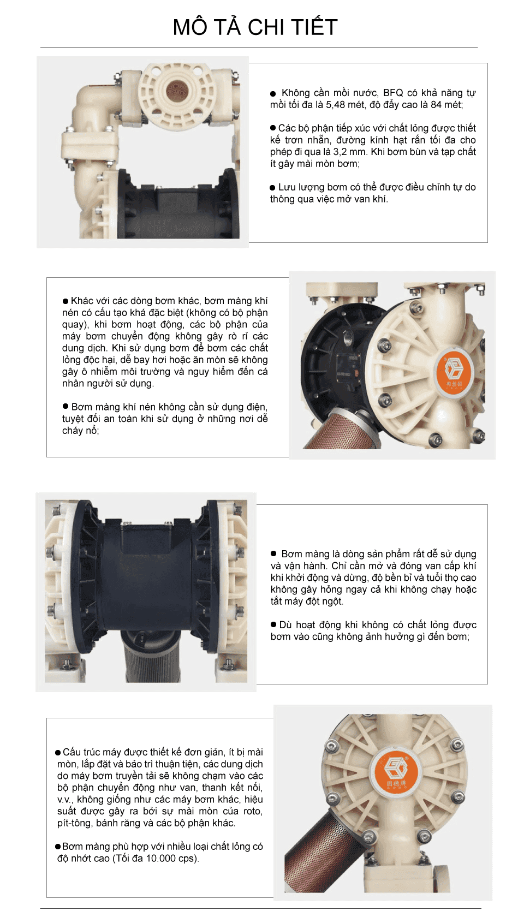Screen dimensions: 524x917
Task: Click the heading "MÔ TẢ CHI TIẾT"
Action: (255, 27)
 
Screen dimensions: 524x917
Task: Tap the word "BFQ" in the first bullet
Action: (393, 93)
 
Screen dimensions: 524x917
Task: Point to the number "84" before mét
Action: (436, 105)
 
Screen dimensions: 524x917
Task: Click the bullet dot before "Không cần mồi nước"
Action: (273, 94)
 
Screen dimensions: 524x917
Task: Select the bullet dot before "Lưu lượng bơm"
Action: (273, 188)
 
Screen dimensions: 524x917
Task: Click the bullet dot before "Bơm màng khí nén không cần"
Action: (65, 407)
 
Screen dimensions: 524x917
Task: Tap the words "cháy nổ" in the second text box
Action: (80, 431)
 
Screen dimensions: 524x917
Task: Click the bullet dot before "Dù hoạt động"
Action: (273, 624)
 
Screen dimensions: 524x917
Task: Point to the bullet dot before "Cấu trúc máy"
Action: (58, 752)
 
